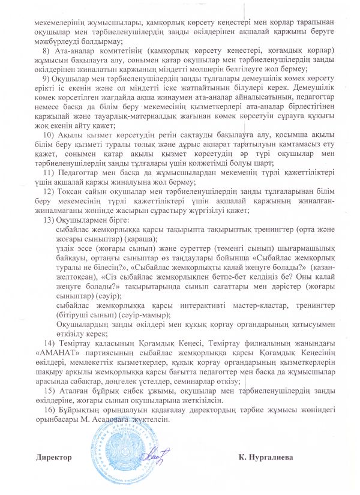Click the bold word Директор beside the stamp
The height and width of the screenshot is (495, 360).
click(53, 458)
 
